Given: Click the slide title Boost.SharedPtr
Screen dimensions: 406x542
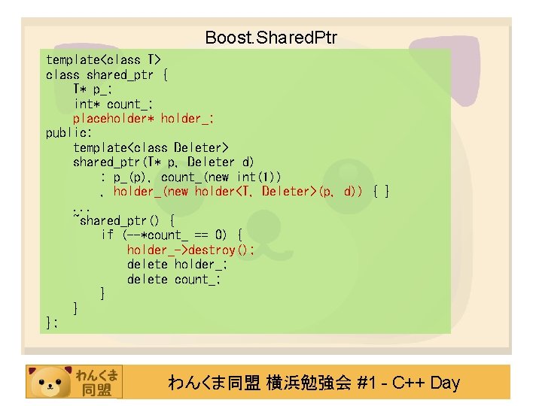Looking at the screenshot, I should (270, 37).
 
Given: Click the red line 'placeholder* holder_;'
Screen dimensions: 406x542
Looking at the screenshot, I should (144, 118).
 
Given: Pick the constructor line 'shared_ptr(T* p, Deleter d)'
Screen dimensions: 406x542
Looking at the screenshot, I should (163, 162).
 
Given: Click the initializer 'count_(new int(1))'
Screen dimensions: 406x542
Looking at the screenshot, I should (221, 177).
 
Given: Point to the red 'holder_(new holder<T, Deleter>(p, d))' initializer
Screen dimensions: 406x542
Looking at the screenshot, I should (237, 192).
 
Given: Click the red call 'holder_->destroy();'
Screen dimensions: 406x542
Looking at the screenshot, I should (190, 250).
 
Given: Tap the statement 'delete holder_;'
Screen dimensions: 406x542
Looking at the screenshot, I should (177, 264).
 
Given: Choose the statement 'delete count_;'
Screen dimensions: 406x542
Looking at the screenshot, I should (174, 279).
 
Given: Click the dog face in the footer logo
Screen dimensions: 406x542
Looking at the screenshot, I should (49, 381).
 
